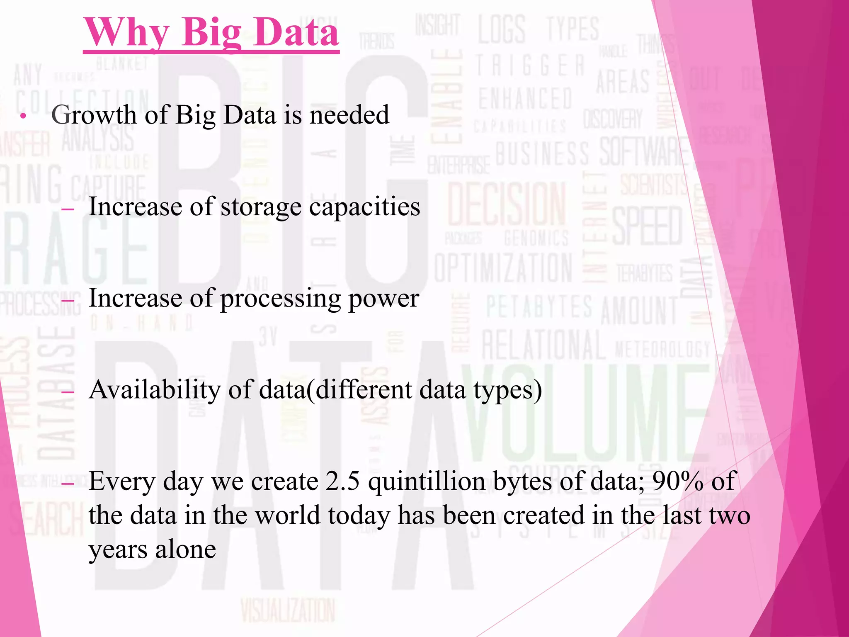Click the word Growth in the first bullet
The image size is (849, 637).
94,115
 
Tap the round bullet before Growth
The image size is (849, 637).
23,116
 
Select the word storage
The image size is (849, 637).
261,207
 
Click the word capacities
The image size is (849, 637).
364,207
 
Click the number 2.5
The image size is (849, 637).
342,481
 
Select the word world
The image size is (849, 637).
287,515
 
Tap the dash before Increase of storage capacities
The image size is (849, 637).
67,209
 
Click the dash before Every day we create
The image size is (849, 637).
67,484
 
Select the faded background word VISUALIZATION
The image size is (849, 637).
288,610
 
